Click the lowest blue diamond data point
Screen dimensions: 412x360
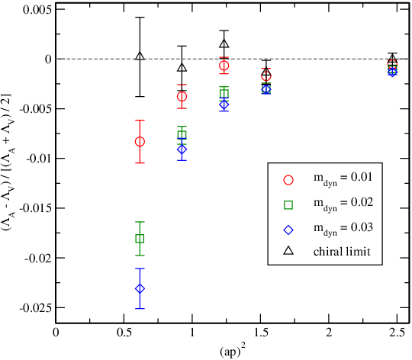tap(140, 288)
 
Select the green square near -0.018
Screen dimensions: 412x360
tap(140, 239)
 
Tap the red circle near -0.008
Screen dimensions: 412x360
tap(140, 142)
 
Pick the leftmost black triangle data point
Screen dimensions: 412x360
tap(140, 56)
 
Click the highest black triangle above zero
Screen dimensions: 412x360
tap(224, 43)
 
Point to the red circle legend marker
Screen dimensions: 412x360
tap(288, 180)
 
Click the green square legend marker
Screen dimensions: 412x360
tap(288, 205)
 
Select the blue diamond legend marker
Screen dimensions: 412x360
tap(288, 230)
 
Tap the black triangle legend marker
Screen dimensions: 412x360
tap(288, 251)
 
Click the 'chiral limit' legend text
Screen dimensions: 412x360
tap(342, 252)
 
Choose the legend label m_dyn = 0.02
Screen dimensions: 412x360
tap(343, 204)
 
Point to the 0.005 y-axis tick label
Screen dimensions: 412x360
tap(37, 10)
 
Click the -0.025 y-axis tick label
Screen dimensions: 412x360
tap(35, 308)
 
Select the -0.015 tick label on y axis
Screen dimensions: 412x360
tap(35, 208)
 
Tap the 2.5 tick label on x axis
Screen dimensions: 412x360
tap(396, 333)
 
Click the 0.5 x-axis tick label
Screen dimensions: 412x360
tap(124, 333)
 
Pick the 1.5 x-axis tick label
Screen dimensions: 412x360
tap(260, 333)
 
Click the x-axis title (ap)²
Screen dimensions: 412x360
tap(233, 351)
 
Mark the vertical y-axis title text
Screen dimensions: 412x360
tap(8, 162)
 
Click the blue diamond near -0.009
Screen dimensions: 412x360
tap(182, 149)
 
